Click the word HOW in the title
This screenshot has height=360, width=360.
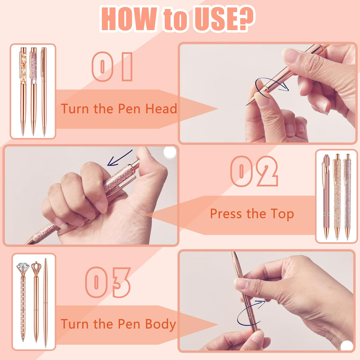[x=129, y=19]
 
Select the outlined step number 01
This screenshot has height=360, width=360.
[x=112, y=66]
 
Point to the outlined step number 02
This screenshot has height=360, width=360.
[x=254, y=171]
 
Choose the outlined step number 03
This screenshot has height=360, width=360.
[x=108, y=282]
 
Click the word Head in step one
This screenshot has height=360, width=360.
[x=161, y=109]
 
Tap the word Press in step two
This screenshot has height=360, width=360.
[x=226, y=214]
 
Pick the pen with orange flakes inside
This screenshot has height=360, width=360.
[x=23, y=91]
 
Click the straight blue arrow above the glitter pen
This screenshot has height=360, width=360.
[x=120, y=158]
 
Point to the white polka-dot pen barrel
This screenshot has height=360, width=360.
[x=23, y=308]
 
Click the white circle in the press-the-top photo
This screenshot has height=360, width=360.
[x=170, y=152]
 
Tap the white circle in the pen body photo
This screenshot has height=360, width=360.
[x=347, y=346]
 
